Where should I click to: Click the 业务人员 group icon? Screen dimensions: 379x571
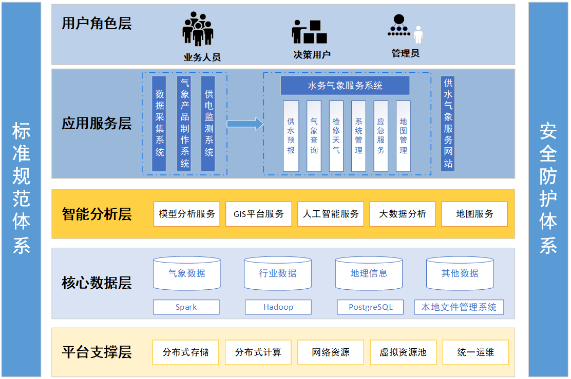coord(198,30)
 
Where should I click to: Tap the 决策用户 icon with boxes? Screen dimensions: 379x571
coord(310,32)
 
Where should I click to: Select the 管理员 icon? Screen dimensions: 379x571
coord(405,29)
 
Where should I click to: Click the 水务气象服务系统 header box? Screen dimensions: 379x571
coord(345,86)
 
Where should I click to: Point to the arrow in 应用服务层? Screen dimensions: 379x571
coord(245,124)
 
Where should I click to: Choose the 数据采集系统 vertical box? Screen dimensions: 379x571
coord(159,124)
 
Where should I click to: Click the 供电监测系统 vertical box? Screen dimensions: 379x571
coord(208,124)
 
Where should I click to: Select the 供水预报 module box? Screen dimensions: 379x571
coord(291,136)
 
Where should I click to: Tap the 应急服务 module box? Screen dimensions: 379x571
coord(380,136)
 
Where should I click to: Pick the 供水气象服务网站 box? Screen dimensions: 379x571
coord(448,124)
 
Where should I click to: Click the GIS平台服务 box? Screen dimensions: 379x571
coord(259,214)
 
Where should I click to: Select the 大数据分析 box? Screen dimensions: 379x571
coord(403,214)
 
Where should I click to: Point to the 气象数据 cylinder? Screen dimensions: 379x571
coord(187,273)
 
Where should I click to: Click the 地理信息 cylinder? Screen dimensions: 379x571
coord(369,273)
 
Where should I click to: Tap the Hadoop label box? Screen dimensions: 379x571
coord(278,307)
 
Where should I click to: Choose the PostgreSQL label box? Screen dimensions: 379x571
coord(370,307)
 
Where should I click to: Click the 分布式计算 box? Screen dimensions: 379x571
coord(258,352)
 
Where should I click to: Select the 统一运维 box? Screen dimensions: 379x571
coord(475,352)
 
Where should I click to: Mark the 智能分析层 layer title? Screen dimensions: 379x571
coord(97,214)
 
